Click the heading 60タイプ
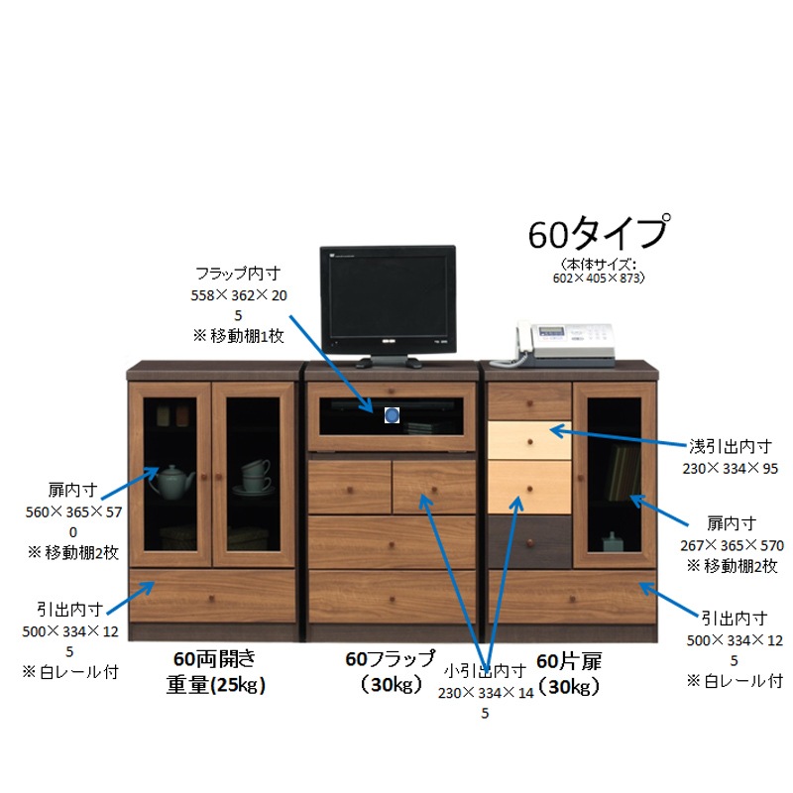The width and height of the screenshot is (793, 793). click(600, 233)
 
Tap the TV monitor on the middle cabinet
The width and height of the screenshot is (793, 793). click(389, 306)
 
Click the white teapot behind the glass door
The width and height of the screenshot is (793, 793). click(170, 482)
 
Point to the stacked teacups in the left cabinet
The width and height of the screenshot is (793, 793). click(256, 477)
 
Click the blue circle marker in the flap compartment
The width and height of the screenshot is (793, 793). click(392, 415)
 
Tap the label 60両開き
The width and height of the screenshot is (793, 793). click(214, 659)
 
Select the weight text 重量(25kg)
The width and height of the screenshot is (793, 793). click(216, 685)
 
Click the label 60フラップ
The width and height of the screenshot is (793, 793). click(390, 658)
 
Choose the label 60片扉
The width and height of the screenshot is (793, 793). click(569, 661)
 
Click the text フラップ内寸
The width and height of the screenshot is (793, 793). click(238, 274)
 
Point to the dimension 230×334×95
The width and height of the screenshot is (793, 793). click(731, 469)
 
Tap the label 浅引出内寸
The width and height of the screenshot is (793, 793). click(731, 447)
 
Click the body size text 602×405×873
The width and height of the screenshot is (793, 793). click(598, 278)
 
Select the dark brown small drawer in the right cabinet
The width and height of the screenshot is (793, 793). click(529, 541)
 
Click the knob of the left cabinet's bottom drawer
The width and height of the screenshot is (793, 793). click(212, 599)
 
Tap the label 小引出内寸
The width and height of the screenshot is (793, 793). click(485, 671)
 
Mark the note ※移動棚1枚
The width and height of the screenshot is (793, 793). click(238, 336)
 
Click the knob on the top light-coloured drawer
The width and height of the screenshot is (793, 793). click(530, 442)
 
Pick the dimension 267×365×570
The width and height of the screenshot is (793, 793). click(732, 546)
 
